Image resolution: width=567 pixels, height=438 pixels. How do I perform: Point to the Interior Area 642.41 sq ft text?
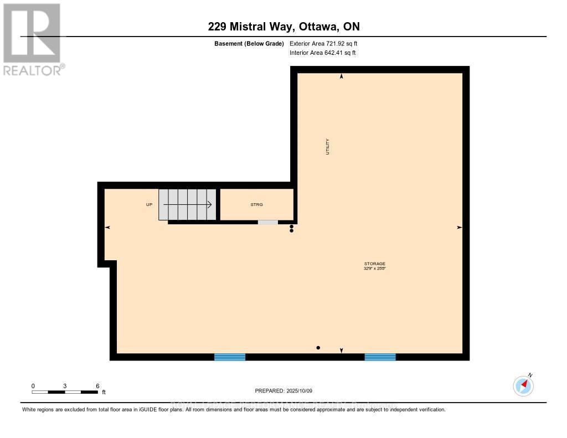coord(322,53)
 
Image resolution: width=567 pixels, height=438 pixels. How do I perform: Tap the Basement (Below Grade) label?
coord(249,43)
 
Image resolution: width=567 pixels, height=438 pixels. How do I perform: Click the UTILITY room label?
coord(327,146)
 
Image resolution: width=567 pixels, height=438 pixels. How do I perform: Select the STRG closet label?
coord(256,205)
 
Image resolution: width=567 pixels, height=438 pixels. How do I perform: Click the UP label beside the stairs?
coord(149,205)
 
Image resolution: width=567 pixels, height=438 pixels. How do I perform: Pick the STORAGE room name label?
coord(374,264)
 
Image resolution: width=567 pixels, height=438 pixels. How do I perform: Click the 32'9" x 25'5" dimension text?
coord(374,269)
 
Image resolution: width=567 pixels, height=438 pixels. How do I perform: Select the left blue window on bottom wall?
coord(230,357)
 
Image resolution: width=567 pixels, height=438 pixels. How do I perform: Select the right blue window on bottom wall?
coord(380,357)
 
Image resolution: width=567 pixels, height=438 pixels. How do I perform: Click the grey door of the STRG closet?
coord(268,222)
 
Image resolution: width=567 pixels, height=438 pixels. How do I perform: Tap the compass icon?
coord(523,386)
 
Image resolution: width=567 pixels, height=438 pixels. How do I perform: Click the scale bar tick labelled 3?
coord(65,386)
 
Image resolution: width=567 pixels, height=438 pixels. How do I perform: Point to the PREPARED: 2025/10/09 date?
coord(283,390)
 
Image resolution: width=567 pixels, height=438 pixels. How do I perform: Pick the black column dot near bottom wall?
coord(318,348)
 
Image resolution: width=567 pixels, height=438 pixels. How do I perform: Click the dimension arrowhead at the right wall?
coord(459,228)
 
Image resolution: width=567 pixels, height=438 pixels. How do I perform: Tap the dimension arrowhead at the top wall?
coord(341,77)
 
